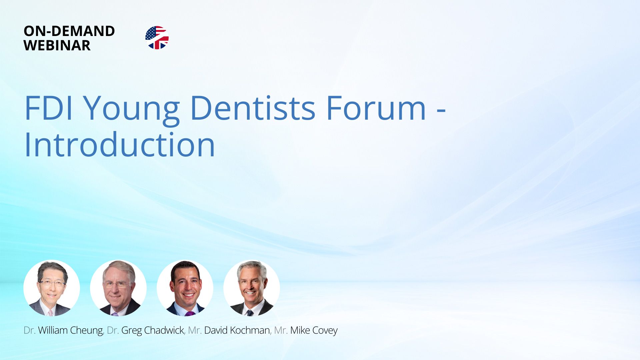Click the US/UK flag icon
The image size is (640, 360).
157,38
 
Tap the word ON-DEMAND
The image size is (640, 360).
69,31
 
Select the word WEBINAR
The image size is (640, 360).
57,45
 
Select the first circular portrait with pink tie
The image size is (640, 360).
52,288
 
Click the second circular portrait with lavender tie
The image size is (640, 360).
118,288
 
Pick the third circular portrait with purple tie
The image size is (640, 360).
185,288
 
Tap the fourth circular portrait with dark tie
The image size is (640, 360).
252,288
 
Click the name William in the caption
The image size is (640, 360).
53,330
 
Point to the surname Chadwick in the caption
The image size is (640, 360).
164,330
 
